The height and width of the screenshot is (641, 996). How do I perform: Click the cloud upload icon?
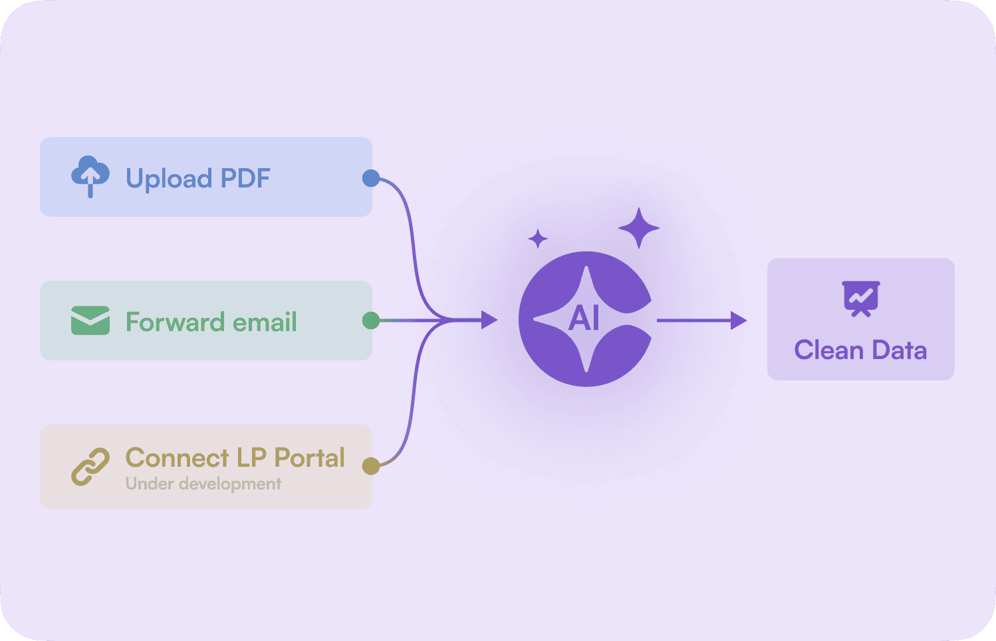click(x=90, y=176)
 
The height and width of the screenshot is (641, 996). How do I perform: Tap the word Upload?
click(x=169, y=179)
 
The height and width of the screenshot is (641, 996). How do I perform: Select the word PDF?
click(x=245, y=178)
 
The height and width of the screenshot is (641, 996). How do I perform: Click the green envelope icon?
click(x=90, y=320)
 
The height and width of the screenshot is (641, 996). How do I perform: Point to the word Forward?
click(x=175, y=322)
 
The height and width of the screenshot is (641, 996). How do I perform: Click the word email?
click(x=265, y=322)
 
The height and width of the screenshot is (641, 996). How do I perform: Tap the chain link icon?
click(x=90, y=466)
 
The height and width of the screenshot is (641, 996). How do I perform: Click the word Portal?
click(x=310, y=457)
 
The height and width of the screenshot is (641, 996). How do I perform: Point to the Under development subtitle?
click(x=203, y=483)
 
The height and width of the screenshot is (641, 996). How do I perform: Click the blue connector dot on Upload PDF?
click(x=371, y=178)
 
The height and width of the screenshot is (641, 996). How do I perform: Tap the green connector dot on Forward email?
click(x=371, y=321)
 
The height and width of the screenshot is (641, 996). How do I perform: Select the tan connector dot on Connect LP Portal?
click(x=371, y=466)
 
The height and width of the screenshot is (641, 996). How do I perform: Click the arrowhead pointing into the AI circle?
click(x=489, y=320)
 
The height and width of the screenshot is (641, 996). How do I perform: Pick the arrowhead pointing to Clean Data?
click(x=738, y=320)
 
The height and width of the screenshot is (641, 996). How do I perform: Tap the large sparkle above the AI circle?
click(x=639, y=228)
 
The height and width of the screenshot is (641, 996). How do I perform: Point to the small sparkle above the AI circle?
click(x=538, y=239)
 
